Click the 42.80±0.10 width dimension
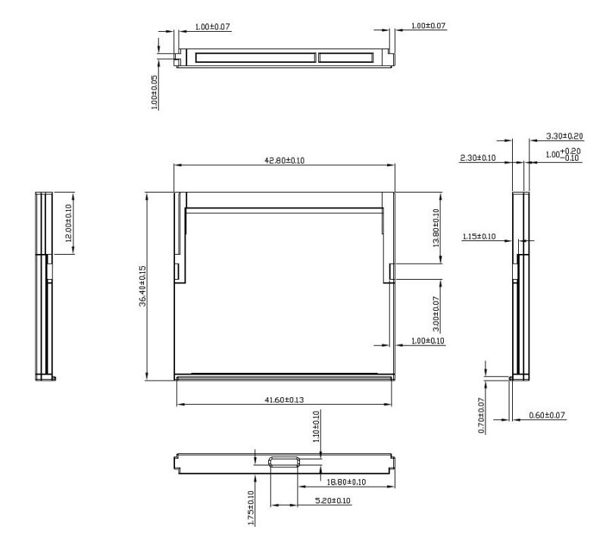coord(285,160)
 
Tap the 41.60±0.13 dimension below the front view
coord(286,399)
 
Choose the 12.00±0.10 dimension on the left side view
coord(69,223)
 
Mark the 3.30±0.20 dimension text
coord(565,137)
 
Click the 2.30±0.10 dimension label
coord(477,158)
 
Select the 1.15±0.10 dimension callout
coord(478,237)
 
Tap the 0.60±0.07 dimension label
coord(547,415)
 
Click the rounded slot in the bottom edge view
coord(286,462)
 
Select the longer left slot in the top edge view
coord(255,58)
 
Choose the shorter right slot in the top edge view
coord(345,58)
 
